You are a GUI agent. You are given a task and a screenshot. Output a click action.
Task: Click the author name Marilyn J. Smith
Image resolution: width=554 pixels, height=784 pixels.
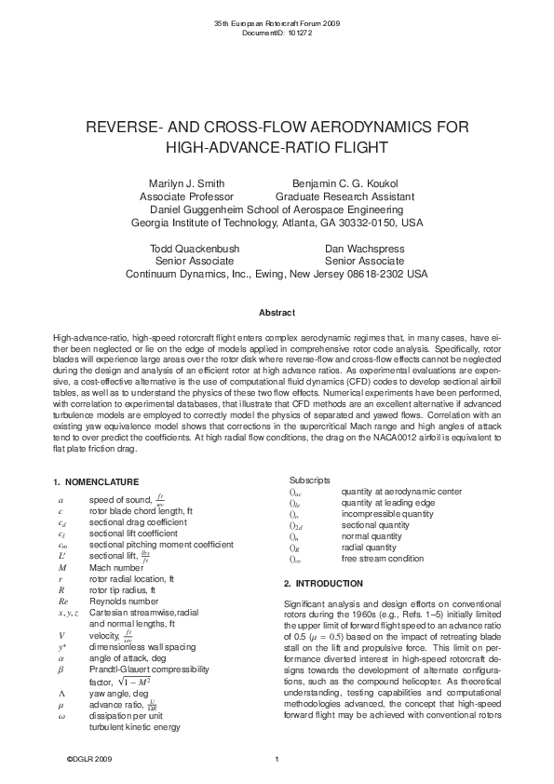click(186, 183)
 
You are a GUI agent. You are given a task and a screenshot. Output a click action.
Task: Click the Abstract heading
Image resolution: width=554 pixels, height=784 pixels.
click(277, 312)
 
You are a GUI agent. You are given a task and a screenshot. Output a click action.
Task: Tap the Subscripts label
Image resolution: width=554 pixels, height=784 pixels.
click(309, 480)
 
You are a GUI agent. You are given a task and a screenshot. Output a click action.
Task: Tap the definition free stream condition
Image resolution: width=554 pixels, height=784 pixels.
click(383, 559)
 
